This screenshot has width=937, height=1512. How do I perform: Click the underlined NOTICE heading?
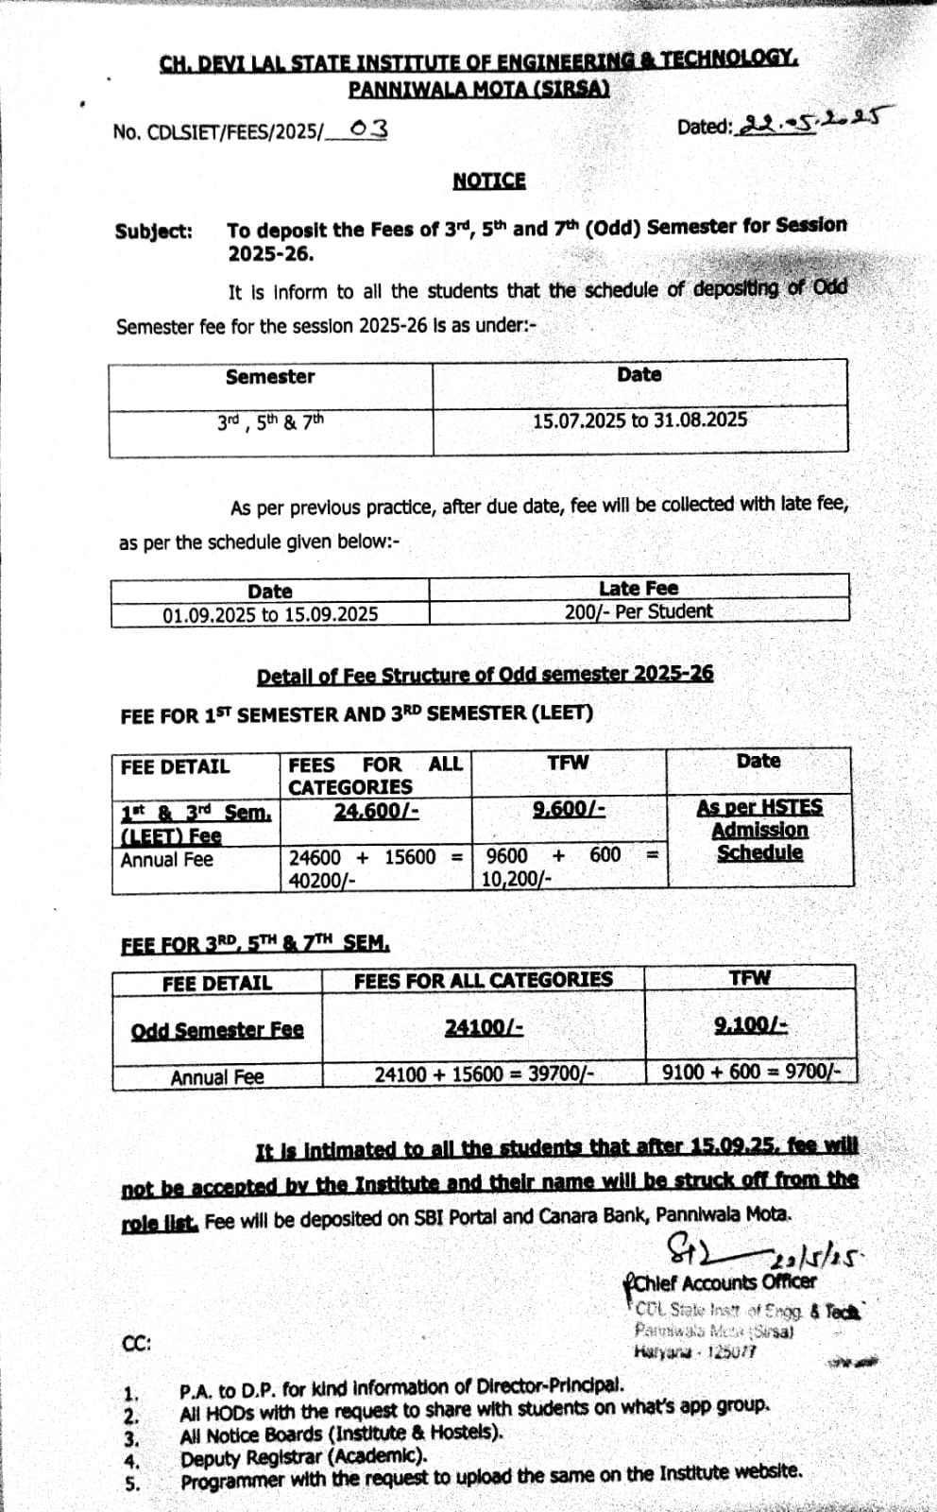[488, 180]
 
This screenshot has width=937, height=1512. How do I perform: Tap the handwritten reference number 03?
[367, 129]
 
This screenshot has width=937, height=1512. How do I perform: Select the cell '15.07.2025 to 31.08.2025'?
[639, 420]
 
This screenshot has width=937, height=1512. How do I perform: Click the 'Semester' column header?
[270, 376]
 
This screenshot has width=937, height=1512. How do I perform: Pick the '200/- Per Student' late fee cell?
[639, 611]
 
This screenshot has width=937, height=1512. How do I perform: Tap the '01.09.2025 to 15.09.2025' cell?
[270, 614]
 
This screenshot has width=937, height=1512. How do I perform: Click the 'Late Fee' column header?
[639, 588]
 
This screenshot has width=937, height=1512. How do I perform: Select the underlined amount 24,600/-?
[376, 811]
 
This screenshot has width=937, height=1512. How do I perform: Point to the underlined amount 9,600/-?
[569, 808]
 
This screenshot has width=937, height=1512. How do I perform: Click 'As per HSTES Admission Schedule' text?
[759, 830]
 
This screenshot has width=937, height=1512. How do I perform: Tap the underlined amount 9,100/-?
[751, 1024]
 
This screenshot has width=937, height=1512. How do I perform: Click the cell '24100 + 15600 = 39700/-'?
[484, 1074]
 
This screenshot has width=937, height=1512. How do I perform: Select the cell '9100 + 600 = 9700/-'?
[751, 1072]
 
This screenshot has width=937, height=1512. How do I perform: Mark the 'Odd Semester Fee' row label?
[217, 1029]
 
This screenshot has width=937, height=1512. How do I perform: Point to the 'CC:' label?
[137, 1343]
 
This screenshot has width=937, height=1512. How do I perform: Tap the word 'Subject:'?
[154, 232]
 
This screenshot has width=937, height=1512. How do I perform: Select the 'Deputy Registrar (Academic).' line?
[303, 1457]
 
